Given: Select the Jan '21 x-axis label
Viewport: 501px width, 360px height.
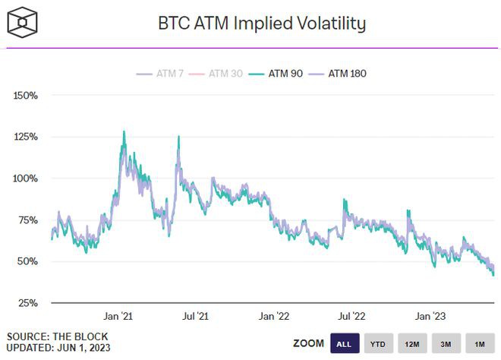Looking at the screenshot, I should coord(119,315).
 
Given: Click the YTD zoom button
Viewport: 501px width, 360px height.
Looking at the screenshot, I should coord(378,344).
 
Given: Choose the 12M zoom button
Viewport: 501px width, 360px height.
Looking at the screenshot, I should coord(412,344).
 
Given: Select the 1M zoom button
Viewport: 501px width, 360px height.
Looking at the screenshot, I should coord(479,344).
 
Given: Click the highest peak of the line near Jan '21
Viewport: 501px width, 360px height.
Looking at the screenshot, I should coord(124,131).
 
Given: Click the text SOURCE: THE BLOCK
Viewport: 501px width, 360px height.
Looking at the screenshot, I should coord(58,336).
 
